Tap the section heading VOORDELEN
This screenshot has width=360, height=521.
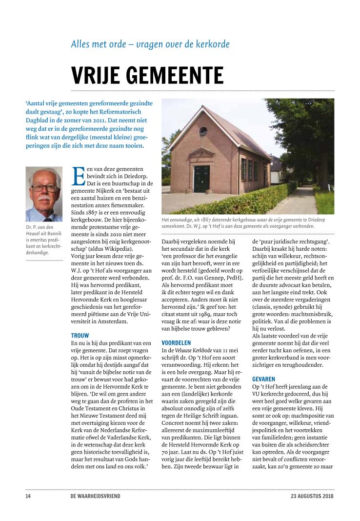click(176, 343)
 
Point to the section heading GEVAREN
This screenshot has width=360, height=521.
click(263, 379)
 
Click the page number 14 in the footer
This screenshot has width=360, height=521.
click(28, 496)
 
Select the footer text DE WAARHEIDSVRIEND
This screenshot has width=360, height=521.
click(95, 496)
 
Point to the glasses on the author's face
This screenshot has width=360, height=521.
click(44, 188)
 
